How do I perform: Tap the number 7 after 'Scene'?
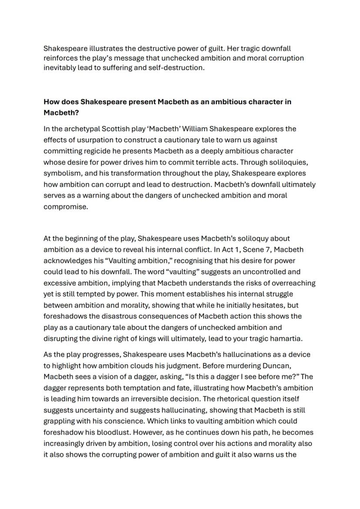(266, 250)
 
